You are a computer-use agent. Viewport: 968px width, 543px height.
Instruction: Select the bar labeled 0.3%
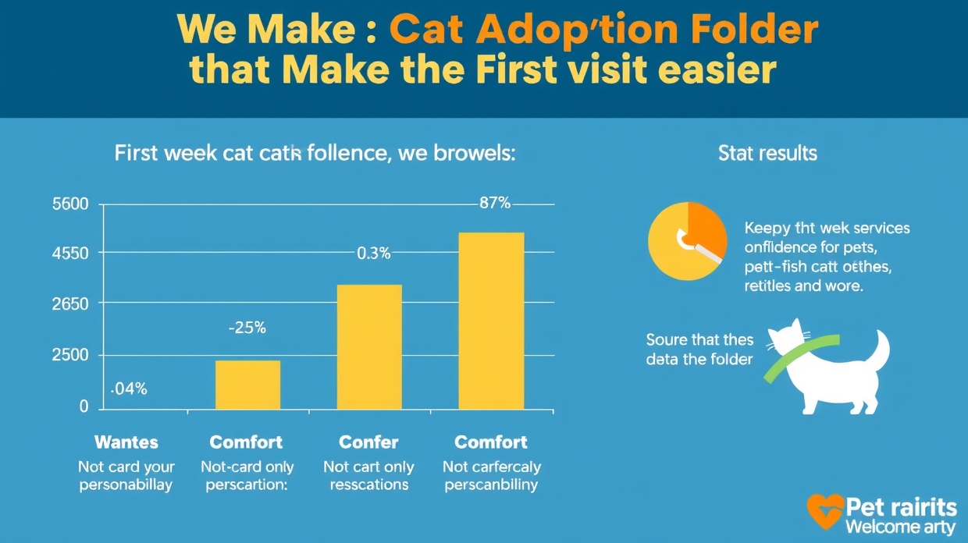pyautogui.click(x=369, y=346)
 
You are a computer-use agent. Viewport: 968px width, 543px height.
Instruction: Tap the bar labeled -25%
pyautogui.click(x=247, y=385)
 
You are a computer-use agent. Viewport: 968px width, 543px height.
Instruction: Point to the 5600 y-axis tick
pyautogui.click(x=70, y=204)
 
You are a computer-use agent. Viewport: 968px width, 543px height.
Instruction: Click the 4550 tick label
pyautogui.click(x=70, y=254)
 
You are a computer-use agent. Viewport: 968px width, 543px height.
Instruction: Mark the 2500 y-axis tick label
pyautogui.click(x=70, y=355)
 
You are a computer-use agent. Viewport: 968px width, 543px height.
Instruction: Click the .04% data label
pyautogui.click(x=129, y=389)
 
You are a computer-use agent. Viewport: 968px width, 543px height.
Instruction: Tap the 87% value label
pyautogui.click(x=494, y=204)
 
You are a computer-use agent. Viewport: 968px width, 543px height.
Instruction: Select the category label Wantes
pyautogui.click(x=126, y=442)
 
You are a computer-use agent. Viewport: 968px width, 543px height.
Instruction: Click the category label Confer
pyautogui.click(x=369, y=442)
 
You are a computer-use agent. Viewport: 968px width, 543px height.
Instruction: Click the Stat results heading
pyautogui.click(x=767, y=153)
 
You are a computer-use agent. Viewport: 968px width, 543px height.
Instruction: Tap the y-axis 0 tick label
pyautogui.click(x=84, y=406)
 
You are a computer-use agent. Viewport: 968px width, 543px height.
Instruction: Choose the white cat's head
pyautogui.click(x=786, y=337)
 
